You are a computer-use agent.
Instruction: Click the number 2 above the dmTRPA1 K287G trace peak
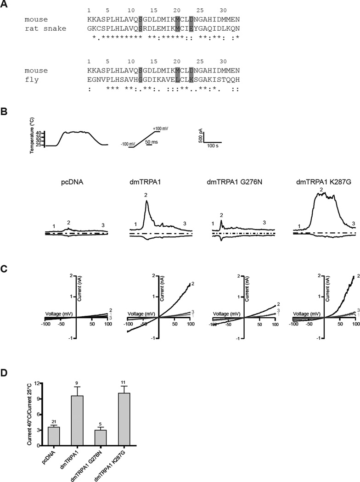[x=322, y=189]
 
